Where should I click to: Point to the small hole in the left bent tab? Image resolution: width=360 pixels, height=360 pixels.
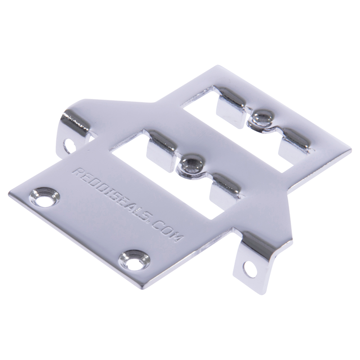tap(70, 145)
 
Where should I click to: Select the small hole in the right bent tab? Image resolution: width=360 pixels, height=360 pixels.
tap(249, 268)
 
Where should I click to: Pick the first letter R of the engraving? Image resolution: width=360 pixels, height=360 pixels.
tap(78, 173)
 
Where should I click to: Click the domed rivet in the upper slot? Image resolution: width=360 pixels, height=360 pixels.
tap(262, 118)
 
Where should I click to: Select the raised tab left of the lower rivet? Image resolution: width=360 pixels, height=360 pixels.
tap(161, 149)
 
